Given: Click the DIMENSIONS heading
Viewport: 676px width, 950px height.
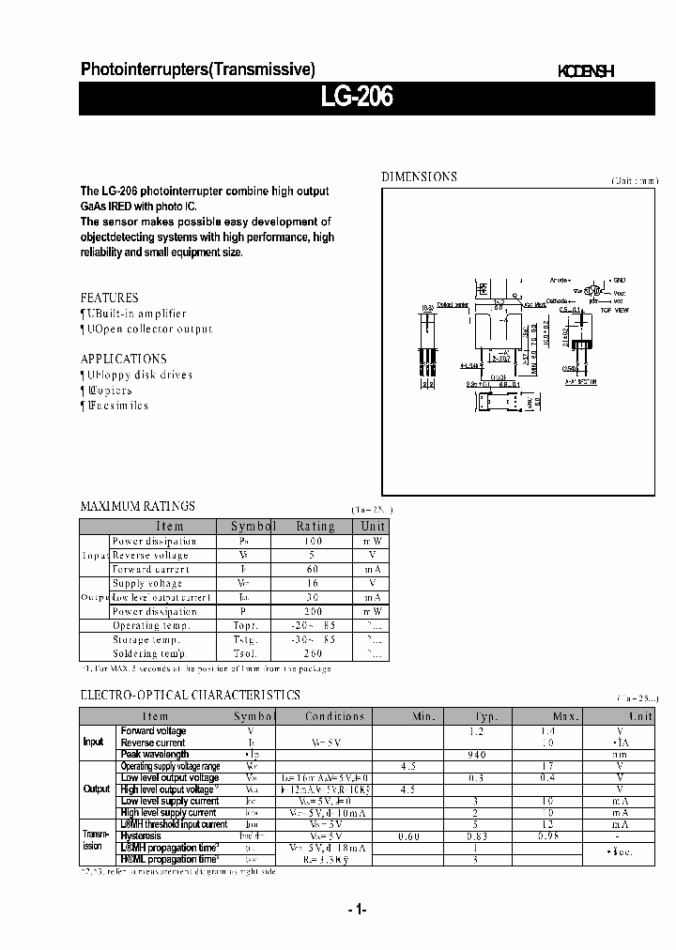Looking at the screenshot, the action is click(x=419, y=176).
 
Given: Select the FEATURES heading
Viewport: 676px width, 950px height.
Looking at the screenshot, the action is click(x=109, y=298).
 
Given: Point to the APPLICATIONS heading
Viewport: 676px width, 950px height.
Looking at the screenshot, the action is click(x=123, y=359).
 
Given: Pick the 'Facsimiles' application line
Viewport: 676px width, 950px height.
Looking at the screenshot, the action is click(x=116, y=406).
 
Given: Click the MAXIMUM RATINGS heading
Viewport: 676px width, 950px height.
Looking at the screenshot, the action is click(x=137, y=506).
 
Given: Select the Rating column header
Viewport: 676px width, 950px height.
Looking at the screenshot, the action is click(x=315, y=527).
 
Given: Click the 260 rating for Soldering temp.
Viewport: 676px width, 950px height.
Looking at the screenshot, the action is click(x=313, y=653).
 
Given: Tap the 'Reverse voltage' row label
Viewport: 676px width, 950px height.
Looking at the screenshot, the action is click(x=150, y=556).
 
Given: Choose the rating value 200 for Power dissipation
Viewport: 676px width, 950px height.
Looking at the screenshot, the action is click(x=313, y=611).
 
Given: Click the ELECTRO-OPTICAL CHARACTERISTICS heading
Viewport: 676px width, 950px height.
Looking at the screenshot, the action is click(x=190, y=695).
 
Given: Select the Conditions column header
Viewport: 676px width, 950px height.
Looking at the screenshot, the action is click(x=334, y=716).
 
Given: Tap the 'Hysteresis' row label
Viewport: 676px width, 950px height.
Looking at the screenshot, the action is click(x=141, y=835).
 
